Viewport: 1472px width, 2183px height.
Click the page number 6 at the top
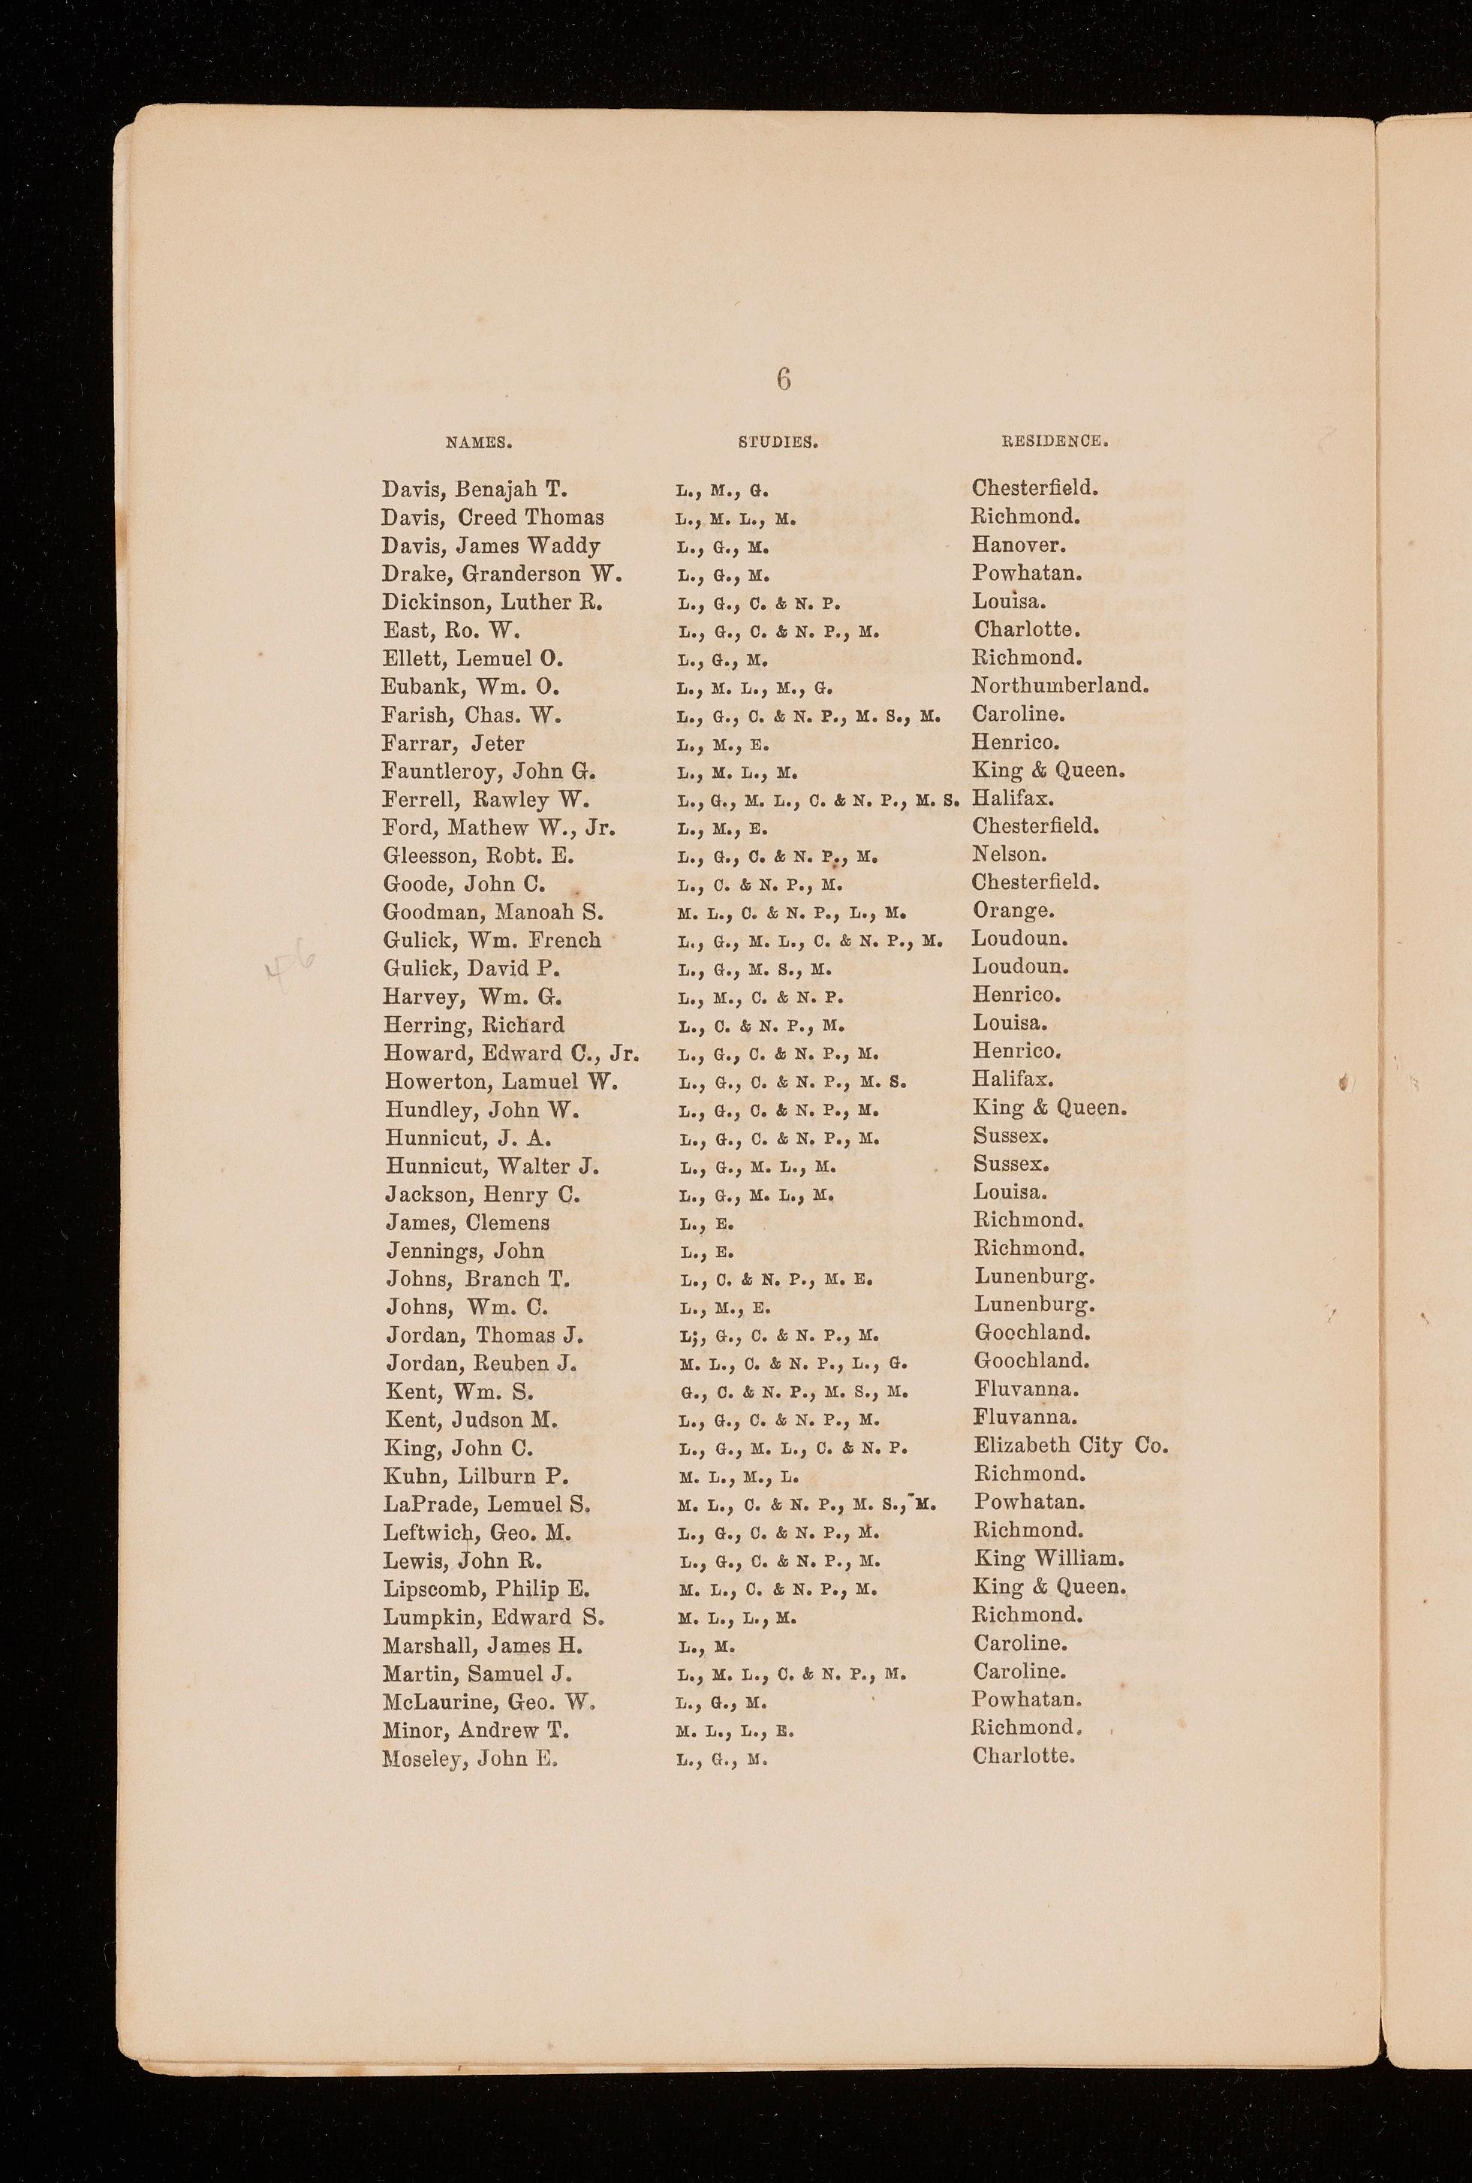(x=784, y=378)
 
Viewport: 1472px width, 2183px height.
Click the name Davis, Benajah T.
(x=474, y=489)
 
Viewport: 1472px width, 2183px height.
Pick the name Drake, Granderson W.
(x=501, y=574)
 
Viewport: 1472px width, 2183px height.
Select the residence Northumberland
(x=1060, y=686)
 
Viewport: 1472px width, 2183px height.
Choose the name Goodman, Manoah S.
(x=493, y=912)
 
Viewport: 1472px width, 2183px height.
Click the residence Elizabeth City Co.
(x=1071, y=1446)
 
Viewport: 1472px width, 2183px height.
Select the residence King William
(x=1049, y=1560)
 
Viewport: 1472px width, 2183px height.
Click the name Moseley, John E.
(x=471, y=1759)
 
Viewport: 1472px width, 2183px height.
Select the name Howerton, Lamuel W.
(x=501, y=1081)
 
